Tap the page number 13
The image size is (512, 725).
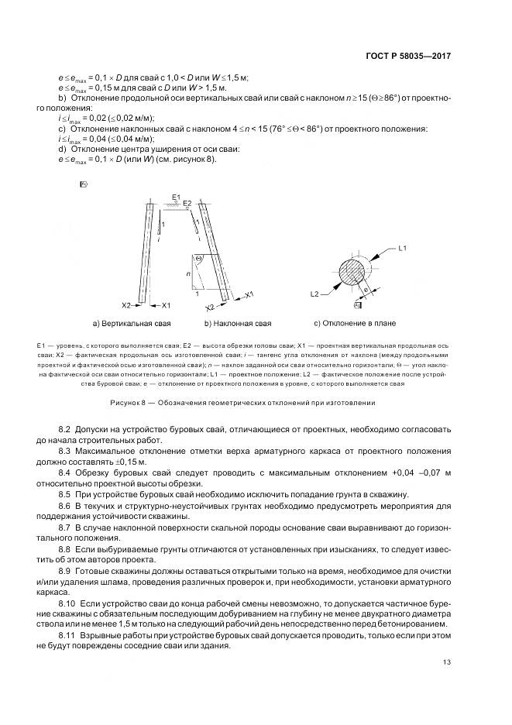447,661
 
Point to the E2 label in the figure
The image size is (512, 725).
187,203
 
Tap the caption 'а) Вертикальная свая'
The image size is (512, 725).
131,322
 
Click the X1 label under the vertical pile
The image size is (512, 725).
166,306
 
